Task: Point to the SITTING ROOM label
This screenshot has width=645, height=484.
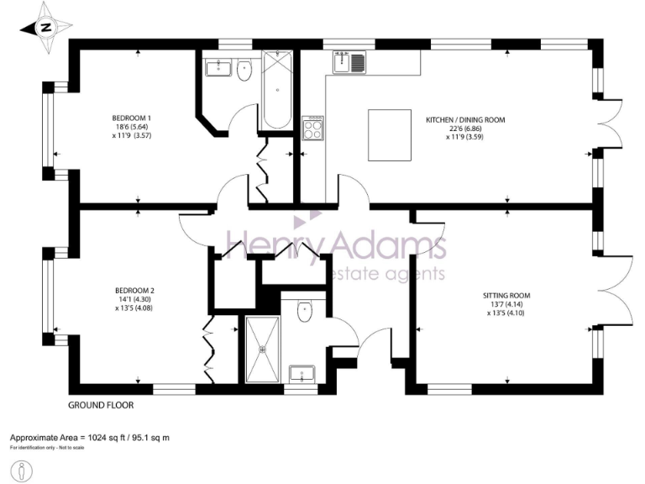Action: point(506,296)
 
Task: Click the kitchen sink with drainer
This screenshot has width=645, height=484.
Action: point(349,61)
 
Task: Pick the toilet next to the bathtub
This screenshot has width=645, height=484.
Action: point(244,71)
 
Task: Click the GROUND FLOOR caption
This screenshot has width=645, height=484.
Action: point(101,405)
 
